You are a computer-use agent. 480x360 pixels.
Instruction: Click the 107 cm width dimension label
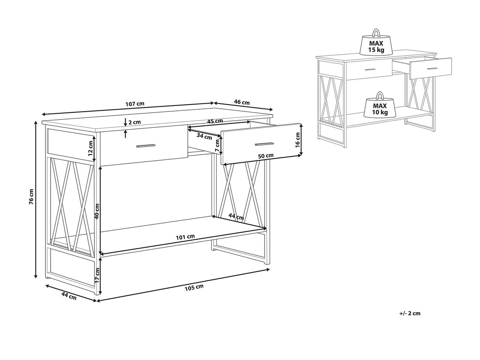[135, 104]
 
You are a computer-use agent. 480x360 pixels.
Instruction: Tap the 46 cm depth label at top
[242, 102]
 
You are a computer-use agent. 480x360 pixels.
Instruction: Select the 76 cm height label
[31, 197]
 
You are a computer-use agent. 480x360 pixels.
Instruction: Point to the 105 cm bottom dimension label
[194, 287]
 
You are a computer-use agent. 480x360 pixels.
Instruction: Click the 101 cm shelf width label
[185, 237]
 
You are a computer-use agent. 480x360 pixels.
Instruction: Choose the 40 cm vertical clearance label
[97, 211]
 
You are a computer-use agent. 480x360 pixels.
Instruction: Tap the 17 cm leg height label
[97, 275]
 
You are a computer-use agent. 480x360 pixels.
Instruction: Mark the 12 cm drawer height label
[90, 148]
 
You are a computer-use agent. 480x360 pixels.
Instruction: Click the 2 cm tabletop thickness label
[134, 122]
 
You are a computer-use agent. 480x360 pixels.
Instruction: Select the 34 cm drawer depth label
[204, 136]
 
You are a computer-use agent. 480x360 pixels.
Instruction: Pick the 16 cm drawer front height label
[297, 140]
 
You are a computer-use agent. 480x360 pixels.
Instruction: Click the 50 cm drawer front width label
[266, 156]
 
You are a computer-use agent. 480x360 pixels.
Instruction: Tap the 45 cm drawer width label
[215, 121]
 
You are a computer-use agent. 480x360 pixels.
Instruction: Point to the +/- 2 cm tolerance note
[410, 313]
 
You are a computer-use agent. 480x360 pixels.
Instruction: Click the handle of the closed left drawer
[146, 146]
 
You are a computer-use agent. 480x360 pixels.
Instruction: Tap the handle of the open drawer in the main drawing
[265, 144]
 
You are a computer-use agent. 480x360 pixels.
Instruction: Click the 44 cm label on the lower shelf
[236, 217]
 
